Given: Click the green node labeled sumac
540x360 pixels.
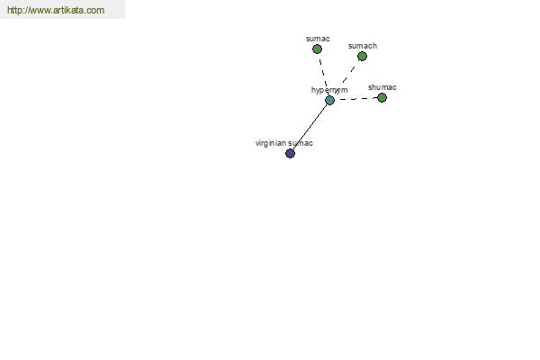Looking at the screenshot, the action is pyautogui.click(x=317, y=49).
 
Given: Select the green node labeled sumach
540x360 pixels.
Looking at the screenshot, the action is pyautogui.click(x=362, y=56).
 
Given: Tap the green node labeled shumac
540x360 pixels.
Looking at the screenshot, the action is pyautogui.click(x=382, y=98).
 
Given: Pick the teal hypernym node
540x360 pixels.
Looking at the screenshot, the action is pyautogui.click(x=329, y=101).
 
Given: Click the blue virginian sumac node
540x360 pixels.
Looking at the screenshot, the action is pyautogui.click(x=291, y=153).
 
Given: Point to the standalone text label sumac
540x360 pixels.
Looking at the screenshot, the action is pyautogui.click(x=318, y=39).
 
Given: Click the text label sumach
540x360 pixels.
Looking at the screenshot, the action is pyautogui.click(x=363, y=46).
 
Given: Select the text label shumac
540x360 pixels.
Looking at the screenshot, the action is pyautogui.click(x=382, y=87).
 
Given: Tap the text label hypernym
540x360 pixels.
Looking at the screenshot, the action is pyautogui.click(x=329, y=90).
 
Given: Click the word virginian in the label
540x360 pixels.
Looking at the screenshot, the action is pyautogui.click(x=271, y=143).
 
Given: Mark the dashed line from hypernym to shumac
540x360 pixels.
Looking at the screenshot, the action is pyautogui.click(x=355, y=99).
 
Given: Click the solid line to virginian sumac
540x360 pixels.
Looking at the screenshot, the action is pyautogui.click(x=310, y=127).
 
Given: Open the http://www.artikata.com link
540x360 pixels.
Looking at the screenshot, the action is pyautogui.click(x=56, y=10).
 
